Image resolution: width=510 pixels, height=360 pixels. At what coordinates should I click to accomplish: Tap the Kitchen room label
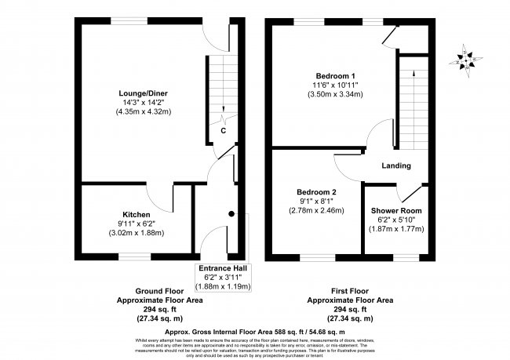(x=136, y=214)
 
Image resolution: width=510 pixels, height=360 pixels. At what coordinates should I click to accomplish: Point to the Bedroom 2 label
(x=316, y=192)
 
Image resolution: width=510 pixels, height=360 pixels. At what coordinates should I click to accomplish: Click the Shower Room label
(x=396, y=211)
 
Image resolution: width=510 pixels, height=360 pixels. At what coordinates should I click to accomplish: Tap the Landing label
(x=397, y=165)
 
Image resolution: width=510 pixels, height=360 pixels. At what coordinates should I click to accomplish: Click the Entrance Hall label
(x=224, y=268)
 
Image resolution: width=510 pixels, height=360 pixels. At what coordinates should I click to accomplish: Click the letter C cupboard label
(x=224, y=130)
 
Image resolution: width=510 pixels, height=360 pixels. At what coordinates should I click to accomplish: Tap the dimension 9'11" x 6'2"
(x=136, y=224)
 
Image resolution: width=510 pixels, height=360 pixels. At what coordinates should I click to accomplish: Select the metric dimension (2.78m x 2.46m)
(x=316, y=211)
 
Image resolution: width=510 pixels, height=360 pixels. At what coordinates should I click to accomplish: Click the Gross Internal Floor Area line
(x=254, y=330)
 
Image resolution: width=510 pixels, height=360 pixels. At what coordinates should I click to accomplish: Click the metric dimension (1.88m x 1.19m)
(x=224, y=286)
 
